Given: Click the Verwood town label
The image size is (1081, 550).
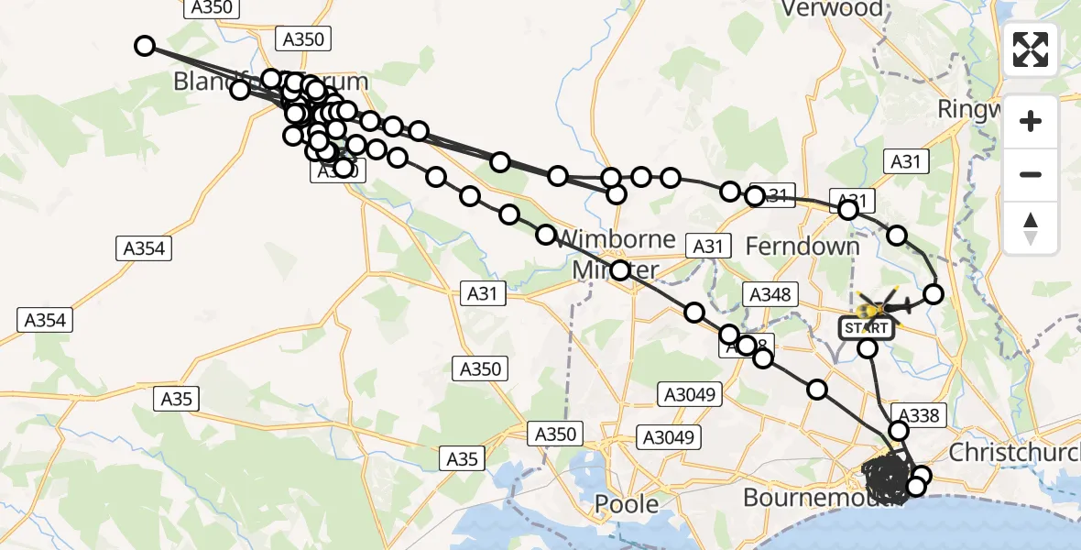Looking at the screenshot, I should click(x=834, y=9).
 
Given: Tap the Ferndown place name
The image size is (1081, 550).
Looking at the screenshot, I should click(x=803, y=247).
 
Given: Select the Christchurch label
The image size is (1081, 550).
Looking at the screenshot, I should click(x=1013, y=452).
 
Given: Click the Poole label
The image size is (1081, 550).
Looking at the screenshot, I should click(x=627, y=503).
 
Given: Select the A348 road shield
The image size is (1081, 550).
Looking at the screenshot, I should click(x=770, y=294).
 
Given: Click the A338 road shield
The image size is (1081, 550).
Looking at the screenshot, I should click(x=914, y=415).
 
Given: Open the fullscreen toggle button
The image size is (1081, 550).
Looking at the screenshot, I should click(x=1031, y=49).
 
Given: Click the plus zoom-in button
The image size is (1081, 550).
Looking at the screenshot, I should click(x=1031, y=121).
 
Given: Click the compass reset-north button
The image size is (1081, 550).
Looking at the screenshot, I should click(x=1031, y=227).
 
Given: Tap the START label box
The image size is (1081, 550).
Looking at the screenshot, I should click(x=866, y=327).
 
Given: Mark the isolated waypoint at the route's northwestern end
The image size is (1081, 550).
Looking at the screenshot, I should click(x=144, y=46).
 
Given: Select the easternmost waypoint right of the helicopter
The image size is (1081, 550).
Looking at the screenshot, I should click(x=934, y=294).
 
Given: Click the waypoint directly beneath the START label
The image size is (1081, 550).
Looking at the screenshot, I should click(x=867, y=348).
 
